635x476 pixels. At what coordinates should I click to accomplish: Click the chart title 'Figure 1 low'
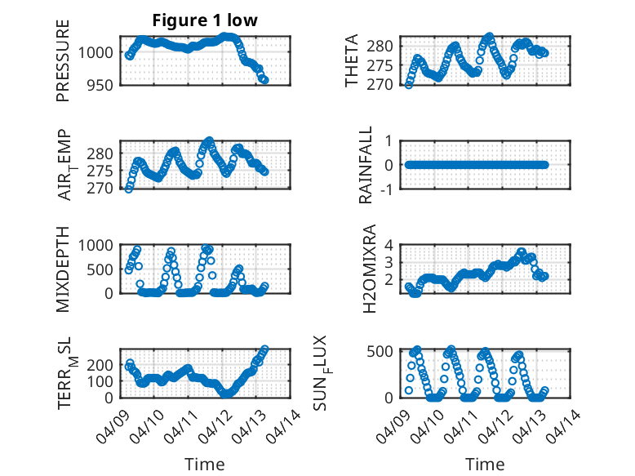pos(205,21)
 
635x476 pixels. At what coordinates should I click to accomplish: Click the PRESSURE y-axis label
pos(63,60)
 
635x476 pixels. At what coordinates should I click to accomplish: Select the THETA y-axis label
pos(352,60)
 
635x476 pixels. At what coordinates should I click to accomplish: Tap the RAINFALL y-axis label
pos(367,165)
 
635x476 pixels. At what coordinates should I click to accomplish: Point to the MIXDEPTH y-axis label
pos(63,269)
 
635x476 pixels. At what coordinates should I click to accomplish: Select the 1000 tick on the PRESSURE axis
pos(99,52)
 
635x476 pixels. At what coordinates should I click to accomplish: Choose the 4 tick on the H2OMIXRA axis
pos(390,245)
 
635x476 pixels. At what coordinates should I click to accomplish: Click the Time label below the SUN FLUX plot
pos(485,464)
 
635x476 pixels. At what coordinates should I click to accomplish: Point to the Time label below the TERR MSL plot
pos(204,464)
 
